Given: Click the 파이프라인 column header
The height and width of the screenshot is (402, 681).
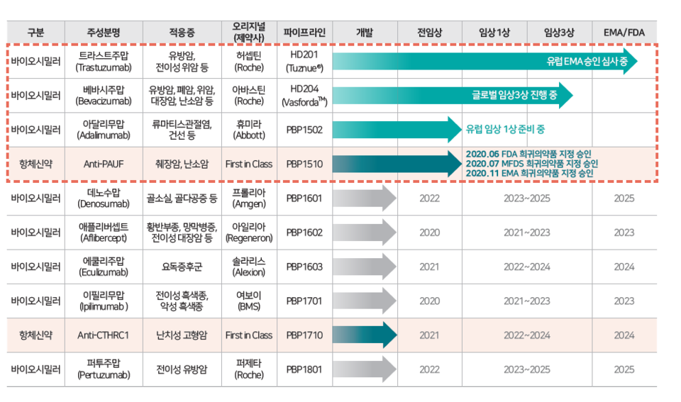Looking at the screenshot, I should [x=304, y=32].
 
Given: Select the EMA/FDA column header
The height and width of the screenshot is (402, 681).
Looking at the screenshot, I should [x=624, y=32].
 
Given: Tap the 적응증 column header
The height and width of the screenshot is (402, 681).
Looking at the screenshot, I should [x=182, y=32].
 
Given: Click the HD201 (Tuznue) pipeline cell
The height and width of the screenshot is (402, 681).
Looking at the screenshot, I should [x=304, y=61].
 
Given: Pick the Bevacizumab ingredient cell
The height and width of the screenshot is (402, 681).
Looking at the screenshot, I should [x=104, y=95].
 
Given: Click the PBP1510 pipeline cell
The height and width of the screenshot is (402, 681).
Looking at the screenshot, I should [x=304, y=164].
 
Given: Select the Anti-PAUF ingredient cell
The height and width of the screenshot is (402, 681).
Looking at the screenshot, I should [x=104, y=164].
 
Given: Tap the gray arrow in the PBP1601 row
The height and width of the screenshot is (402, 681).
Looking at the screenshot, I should [x=364, y=199].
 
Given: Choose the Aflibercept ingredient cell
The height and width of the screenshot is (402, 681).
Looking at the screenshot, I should [x=104, y=233].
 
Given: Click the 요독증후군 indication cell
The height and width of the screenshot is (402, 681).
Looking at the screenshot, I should [x=182, y=267].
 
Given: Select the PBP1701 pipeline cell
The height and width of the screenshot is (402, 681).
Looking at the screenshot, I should [x=304, y=301].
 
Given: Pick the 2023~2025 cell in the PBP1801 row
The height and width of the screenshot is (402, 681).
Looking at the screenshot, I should [x=526, y=369].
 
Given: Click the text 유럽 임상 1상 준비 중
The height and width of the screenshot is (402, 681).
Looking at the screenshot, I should [x=505, y=130].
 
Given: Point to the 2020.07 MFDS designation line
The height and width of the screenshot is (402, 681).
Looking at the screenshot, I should [x=529, y=164].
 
